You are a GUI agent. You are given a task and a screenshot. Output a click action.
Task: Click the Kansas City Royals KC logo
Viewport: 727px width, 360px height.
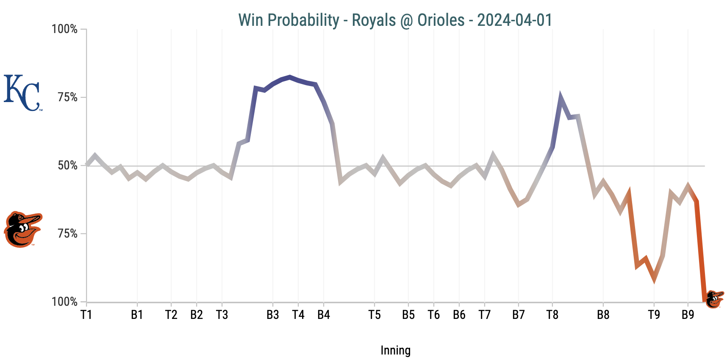[23, 93]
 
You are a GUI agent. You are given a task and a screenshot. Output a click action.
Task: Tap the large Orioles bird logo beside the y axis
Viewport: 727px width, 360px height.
[22, 229]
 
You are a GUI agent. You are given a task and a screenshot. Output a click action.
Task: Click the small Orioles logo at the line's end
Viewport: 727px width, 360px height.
[714, 299]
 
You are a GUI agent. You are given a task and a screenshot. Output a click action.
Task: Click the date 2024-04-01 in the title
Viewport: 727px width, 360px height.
[514, 20]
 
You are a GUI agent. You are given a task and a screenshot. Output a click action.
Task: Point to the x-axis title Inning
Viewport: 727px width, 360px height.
[395, 350]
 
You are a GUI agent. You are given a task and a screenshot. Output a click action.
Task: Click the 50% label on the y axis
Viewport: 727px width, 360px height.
[68, 166]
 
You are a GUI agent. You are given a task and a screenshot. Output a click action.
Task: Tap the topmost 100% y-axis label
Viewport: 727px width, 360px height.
[65, 29]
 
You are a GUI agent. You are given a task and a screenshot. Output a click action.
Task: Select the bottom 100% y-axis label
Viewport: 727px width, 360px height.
[65, 302]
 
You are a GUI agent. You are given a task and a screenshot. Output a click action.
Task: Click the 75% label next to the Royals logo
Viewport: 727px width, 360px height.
[68, 97]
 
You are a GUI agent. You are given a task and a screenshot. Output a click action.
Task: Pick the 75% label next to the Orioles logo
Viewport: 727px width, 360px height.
[68, 234]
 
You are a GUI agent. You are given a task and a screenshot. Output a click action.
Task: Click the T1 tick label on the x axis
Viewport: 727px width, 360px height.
[86, 315]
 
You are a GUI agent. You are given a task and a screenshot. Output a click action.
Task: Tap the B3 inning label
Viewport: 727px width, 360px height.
[273, 315]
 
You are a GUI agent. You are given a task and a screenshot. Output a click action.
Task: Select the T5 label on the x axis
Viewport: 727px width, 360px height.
[375, 315]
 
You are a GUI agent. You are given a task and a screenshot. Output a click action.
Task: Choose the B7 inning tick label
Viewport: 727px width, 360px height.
[519, 315]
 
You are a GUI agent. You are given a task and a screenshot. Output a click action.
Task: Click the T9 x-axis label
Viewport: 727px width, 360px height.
[654, 315]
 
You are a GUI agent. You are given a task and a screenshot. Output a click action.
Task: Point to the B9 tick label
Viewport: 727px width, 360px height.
[688, 315]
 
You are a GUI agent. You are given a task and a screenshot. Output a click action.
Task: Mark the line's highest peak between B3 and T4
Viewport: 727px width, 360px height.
[290, 77]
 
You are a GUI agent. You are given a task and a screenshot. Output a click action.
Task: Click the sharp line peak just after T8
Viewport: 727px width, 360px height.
[561, 98]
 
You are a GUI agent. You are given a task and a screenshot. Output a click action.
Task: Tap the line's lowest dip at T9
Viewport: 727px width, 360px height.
[654, 279]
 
